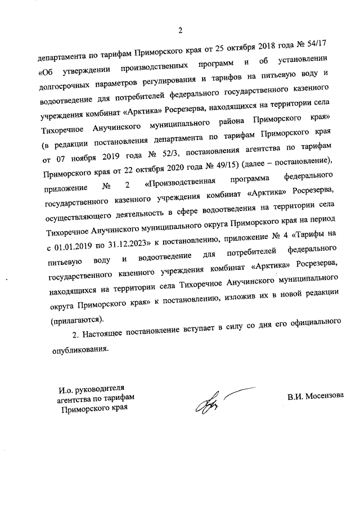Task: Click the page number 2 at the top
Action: coord(180,30)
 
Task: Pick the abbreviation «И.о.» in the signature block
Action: coord(67,389)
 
